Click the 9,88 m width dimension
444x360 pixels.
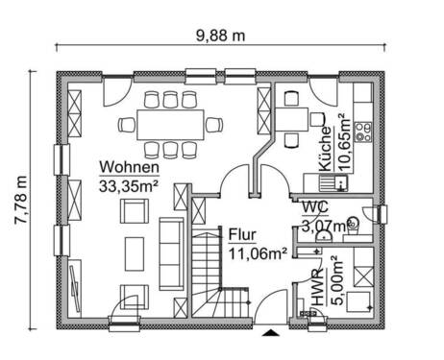click(220, 36)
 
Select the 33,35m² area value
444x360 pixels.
click(129, 186)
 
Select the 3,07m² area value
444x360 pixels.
click(321, 227)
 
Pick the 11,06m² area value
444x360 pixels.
click(259, 253)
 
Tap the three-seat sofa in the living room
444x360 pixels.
click(170, 252)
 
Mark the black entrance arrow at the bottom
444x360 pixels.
click(273, 334)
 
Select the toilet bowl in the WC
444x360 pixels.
click(353, 224)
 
